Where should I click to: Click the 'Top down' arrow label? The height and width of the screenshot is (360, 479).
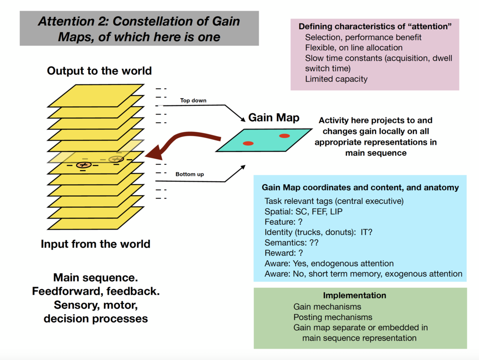pyautogui.click(x=193, y=101)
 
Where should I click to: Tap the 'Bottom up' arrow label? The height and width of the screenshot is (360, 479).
pyautogui.click(x=189, y=174)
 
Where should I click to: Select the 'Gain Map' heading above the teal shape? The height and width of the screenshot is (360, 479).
pyautogui.click(x=274, y=117)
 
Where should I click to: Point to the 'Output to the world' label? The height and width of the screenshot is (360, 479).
pyautogui.click(x=99, y=71)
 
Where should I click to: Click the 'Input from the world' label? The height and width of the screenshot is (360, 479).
pyautogui.click(x=95, y=244)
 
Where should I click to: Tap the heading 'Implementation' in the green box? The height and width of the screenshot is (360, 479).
pyautogui.click(x=354, y=295)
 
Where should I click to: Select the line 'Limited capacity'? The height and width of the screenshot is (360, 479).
pyautogui.click(x=336, y=79)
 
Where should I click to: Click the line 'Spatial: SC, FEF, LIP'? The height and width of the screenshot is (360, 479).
pyautogui.click(x=304, y=211)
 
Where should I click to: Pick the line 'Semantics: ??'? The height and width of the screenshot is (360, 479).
pyautogui.click(x=291, y=243)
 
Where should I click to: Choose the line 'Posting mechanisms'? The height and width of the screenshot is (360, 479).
pyautogui.click(x=333, y=317)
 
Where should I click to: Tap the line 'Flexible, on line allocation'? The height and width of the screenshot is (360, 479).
pyautogui.click(x=354, y=47)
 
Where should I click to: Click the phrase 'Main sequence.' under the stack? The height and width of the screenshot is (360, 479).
pyautogui.click(x=95, y=278)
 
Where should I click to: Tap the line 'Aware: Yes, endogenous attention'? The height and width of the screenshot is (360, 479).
pyautogui.click(x=329, y=264)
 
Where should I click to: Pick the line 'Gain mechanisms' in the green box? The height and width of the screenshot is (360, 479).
pyautogui.click(x=327, y=306)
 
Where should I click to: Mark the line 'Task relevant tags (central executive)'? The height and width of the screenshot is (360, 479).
pyautogui.click(x=334, y=201)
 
